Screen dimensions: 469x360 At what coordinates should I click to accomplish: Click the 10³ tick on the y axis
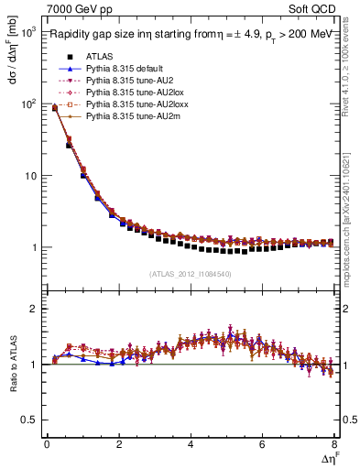pos(27,32)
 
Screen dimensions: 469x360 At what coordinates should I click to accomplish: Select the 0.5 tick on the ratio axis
pos(29,420)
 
